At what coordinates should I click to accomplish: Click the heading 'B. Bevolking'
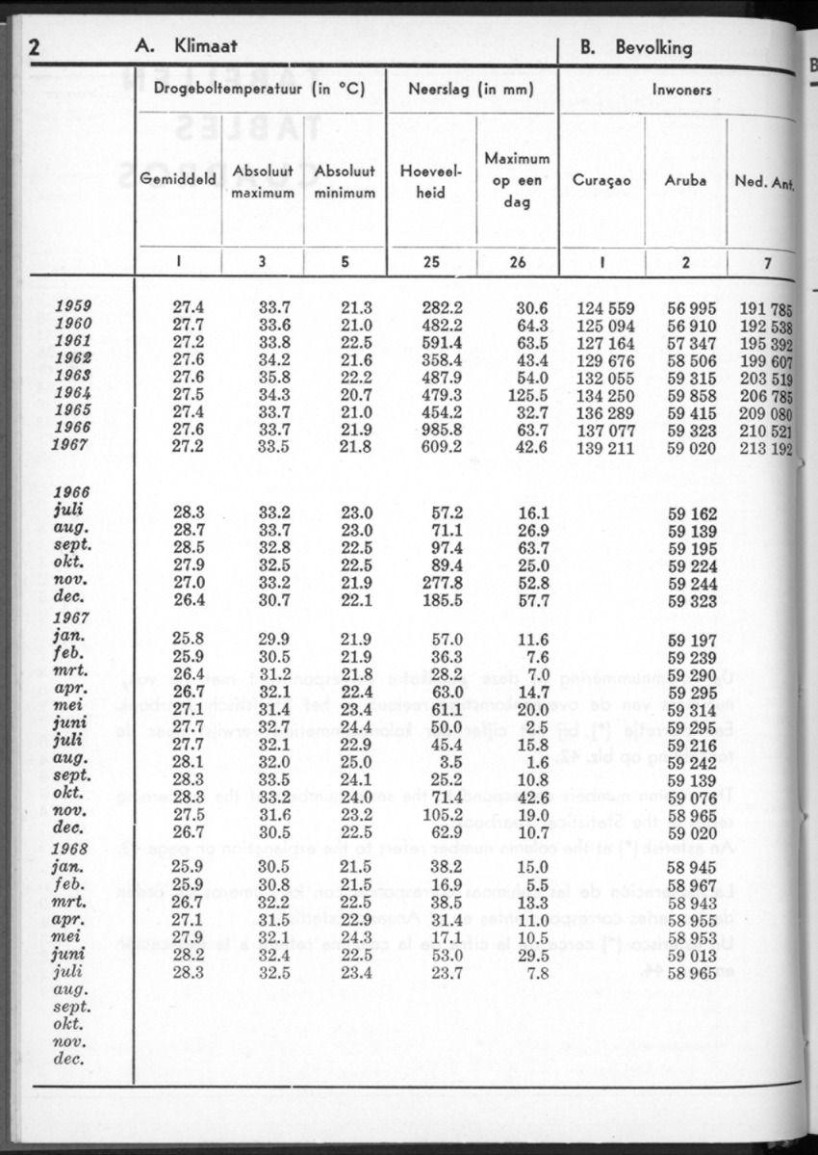[x=635, y=47]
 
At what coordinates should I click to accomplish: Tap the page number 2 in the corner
[x=37, y=47]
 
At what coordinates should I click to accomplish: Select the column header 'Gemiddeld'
[x=178, y=179]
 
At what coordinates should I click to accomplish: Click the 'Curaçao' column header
[x=601, y=180]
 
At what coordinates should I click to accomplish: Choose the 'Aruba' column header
[x=685, y=180]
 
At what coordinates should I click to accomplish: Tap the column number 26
[x=518, y=263]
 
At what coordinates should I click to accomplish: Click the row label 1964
[x=74, y=393]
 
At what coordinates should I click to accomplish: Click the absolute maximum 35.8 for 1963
[x=275, y=377]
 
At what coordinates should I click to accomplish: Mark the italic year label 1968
[x=74, y=850]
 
